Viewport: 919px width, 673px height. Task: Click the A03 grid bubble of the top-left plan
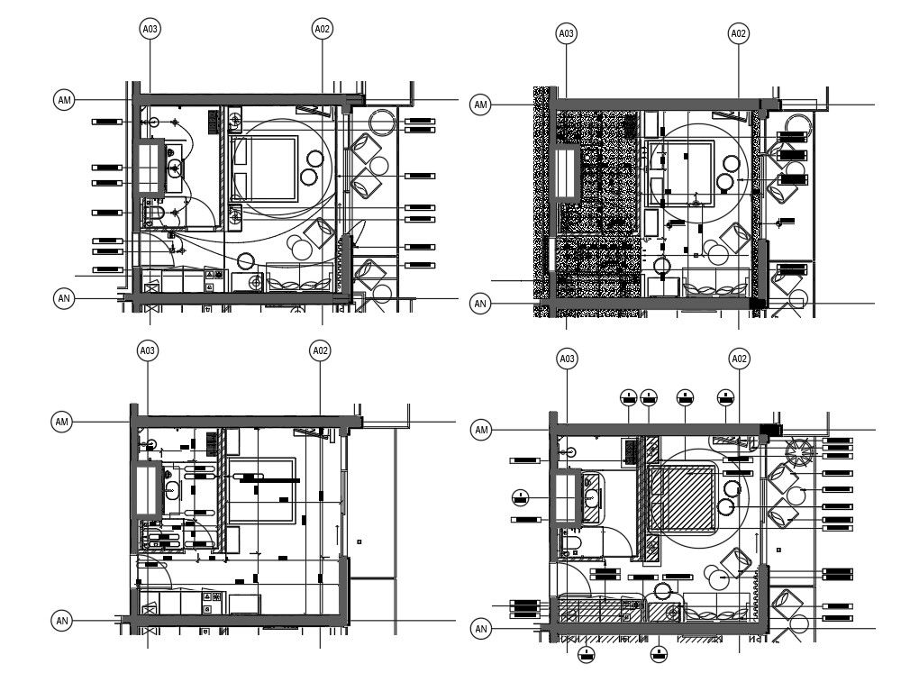(150, 29)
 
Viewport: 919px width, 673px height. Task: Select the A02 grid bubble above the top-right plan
(739, 33)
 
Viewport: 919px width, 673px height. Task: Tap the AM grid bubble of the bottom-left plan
(62, 422)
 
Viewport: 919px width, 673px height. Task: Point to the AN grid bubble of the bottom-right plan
(481, 629)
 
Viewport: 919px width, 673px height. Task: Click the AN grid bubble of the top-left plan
(64, 298)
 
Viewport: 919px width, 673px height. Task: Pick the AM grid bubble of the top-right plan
(481, 105)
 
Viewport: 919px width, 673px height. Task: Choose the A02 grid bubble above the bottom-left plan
(320, 350)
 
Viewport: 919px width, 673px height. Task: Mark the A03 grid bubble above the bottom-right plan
(567, 359)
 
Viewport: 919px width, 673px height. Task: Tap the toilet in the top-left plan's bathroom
(155, 214)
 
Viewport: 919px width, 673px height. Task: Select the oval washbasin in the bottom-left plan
(172, 490)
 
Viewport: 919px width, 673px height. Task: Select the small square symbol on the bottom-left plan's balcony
(359, 541)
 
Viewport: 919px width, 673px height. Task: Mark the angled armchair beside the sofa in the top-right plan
(736, 240)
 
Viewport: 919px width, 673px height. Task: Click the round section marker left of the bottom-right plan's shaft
(520, 495)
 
